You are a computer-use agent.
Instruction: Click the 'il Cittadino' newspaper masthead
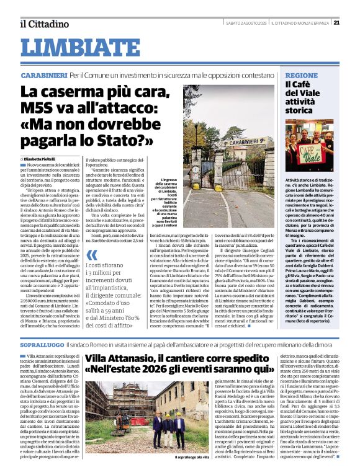point(43,24)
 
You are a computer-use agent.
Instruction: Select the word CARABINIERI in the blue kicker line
point(43,74)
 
